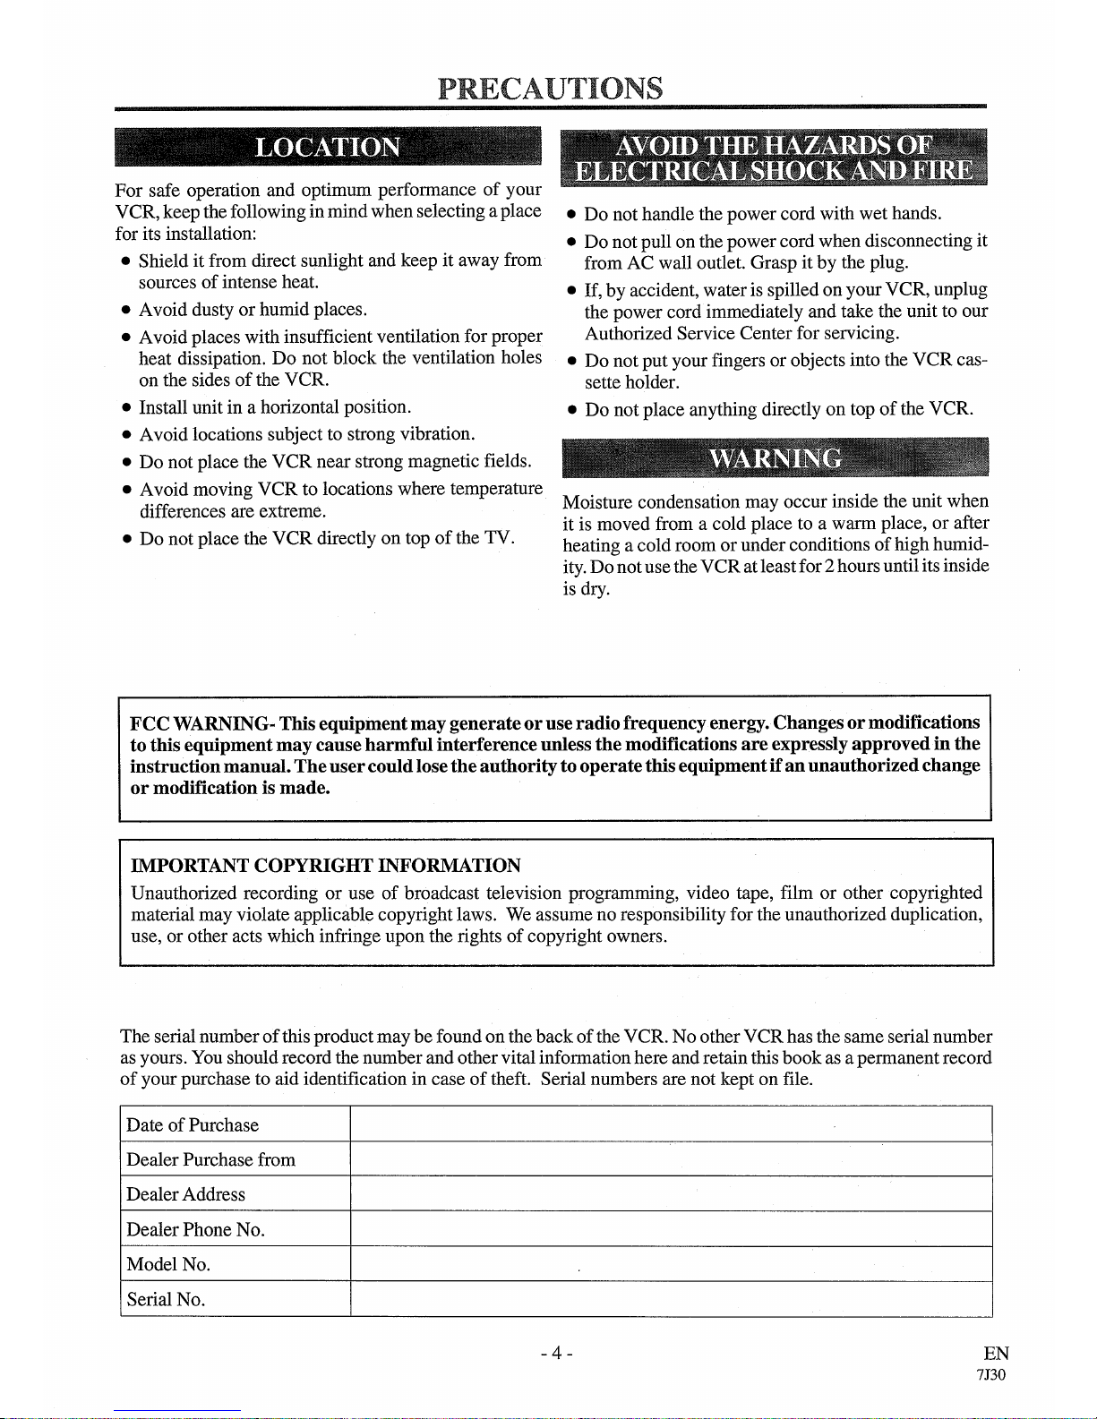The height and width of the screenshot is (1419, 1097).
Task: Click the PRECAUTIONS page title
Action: (551, 88)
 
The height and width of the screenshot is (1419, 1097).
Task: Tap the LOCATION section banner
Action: (328, 147)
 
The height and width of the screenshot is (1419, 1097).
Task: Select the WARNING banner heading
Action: (776, 458)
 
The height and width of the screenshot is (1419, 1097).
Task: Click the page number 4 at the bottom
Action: (556, 1353)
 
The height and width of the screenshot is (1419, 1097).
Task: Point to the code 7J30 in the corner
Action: (991, 1375)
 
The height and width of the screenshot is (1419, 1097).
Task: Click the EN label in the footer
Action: (995, 1354)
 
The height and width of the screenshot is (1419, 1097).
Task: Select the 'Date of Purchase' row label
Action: (193, 1125)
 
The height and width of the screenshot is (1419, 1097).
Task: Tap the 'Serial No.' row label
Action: (166, 1299)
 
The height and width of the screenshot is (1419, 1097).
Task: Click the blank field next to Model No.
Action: (671, 1264)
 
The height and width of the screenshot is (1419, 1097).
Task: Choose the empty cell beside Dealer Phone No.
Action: (671, 1229)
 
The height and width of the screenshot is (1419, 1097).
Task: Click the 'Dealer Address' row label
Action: (185, 1194)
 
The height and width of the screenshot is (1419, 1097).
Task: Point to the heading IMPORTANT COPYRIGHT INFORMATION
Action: (326, 866)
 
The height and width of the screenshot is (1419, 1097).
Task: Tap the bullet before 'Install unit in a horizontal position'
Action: (126, 408)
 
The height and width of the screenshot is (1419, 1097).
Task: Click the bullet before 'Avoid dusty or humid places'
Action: (126, 311)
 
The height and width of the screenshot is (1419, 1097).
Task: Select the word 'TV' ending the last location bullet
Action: (497, 538)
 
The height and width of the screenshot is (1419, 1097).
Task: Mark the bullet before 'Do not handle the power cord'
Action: (571, 215)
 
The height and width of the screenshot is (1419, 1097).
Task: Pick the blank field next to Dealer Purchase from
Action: (671, 1159)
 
